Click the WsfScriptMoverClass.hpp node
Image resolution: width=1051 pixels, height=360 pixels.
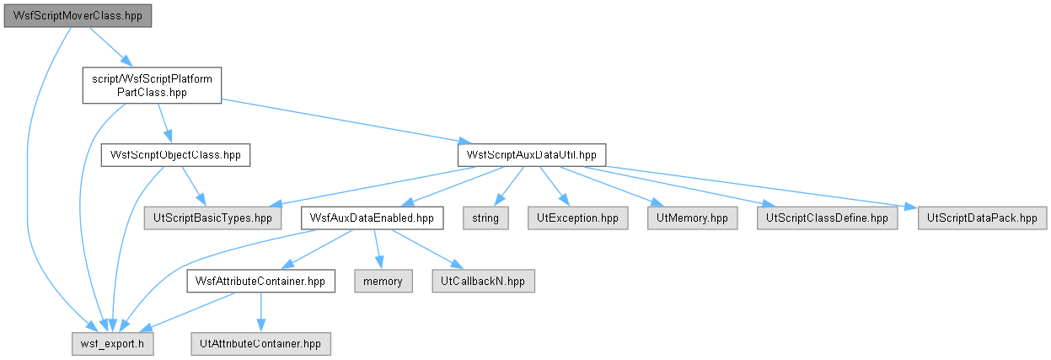pyautogui.click(x=78, y=16)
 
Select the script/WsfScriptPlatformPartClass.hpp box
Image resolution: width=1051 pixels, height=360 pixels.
pyautogui.click(x=152, y=85)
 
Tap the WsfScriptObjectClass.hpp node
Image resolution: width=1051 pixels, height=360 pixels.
pyautogui.click(x=175, y=155)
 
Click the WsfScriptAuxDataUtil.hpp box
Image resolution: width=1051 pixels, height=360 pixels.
pyautogui.click(x=532, y=155)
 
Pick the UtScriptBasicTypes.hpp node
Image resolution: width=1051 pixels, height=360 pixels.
pyautogui.click(x=212, y=218)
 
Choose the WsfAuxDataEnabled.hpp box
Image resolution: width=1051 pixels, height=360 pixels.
pyautogui.click(x=372, y=218)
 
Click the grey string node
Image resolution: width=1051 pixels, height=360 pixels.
pyautogui.click(x=485, y=218)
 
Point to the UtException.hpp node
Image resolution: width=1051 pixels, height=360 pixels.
pyautogui.click(x=577, y=218)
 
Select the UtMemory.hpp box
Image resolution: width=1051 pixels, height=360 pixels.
pyautogui.click(x=692, y=218)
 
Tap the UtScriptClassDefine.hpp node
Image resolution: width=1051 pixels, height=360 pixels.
pyautogui.click(x=827, y=218)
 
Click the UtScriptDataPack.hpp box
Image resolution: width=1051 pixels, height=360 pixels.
pyautogui.click(x=982, y=218)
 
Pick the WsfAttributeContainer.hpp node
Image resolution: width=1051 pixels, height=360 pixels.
pyautogui.click(x=261, y=281)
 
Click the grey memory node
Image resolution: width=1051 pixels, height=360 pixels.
pyautogui.click(x=383, y=281)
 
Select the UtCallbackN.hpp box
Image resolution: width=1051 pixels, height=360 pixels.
pyautogui.click(x=483, y=281)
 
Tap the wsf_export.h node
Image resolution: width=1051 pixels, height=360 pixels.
pyautogui.click(x=113, y=344)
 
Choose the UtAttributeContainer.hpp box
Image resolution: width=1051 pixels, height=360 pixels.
pyautogui.click(x=261, y=344)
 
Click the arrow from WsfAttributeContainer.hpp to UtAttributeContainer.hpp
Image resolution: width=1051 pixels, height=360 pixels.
pyautogui.click(x=261, y=313)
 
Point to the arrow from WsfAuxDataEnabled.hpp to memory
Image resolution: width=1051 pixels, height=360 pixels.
pyautogui.click(x=378, y=250)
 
